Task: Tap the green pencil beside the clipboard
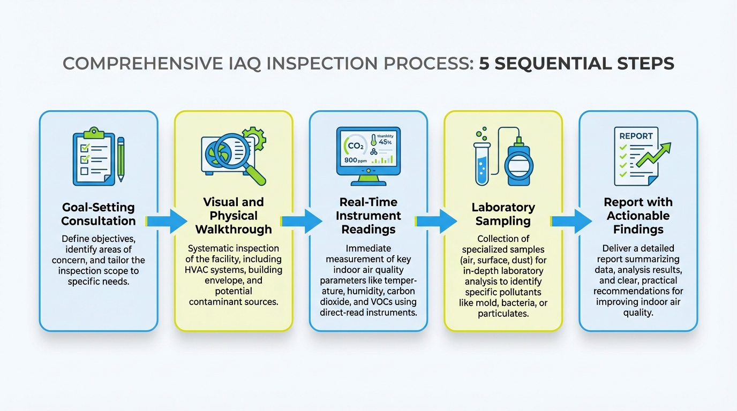(121, 158)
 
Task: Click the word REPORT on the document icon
(635, 136)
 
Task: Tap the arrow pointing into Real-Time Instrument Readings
(301, 221)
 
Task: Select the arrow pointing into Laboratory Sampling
(436, 221)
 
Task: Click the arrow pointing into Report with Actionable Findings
(571, 221)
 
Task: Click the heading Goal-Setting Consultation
(99, 214)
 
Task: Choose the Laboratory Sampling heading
(503, 214)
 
